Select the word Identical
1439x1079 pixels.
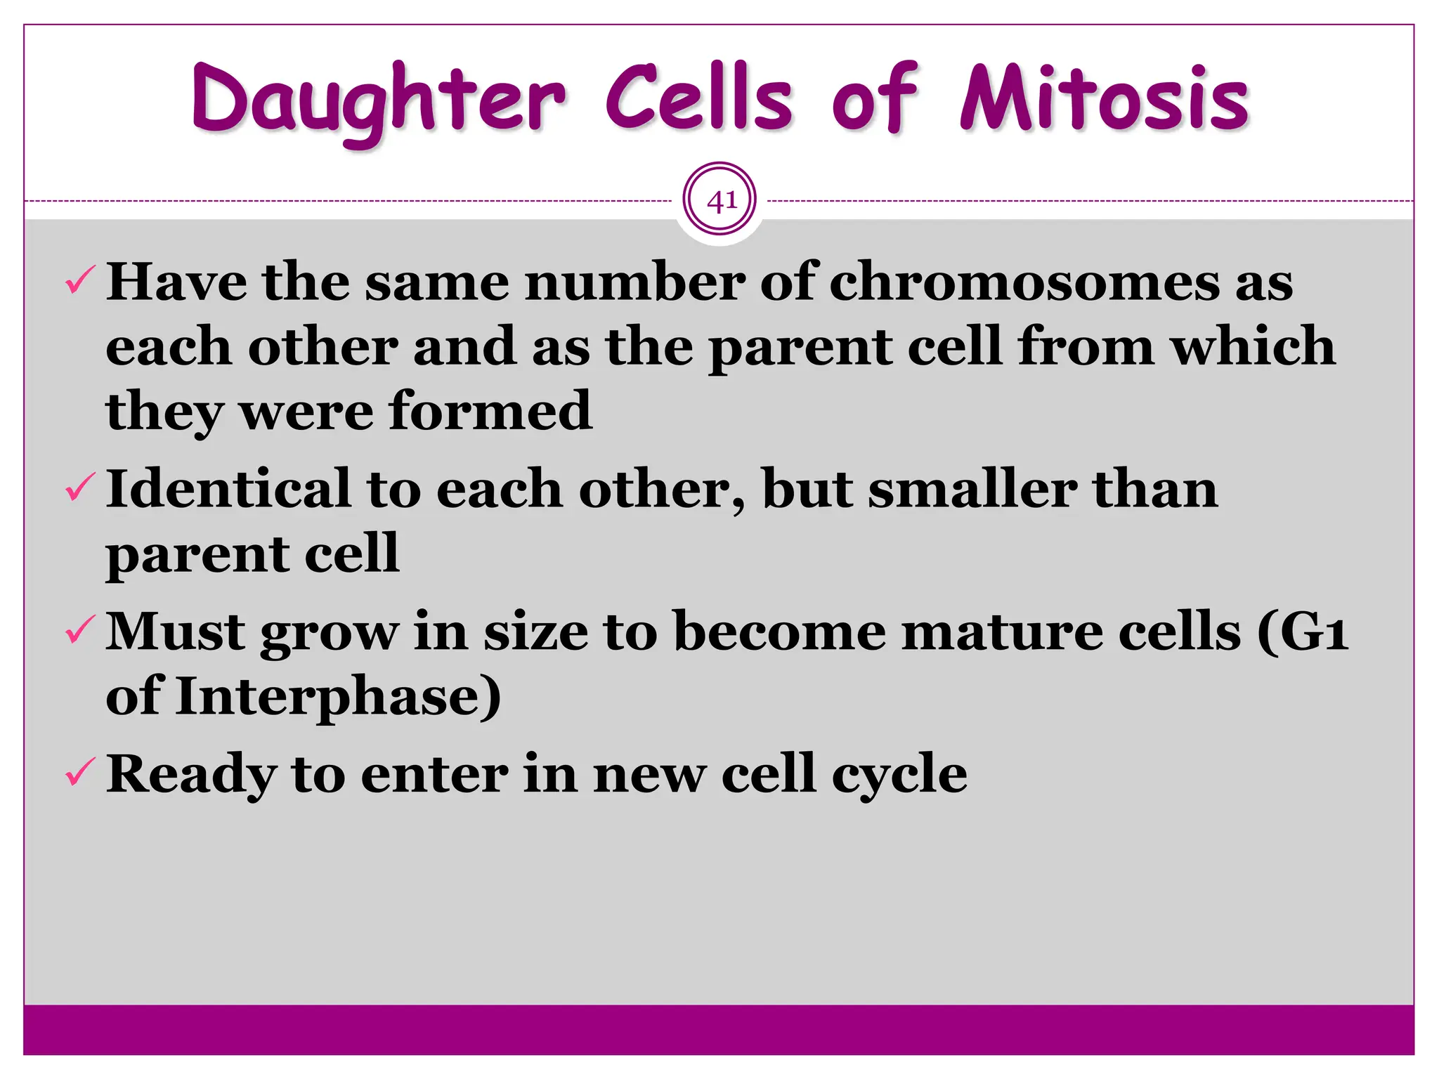[228, 489]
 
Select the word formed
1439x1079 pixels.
[490, 411]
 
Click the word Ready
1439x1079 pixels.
[190, 775]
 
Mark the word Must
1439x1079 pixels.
[175, 632]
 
